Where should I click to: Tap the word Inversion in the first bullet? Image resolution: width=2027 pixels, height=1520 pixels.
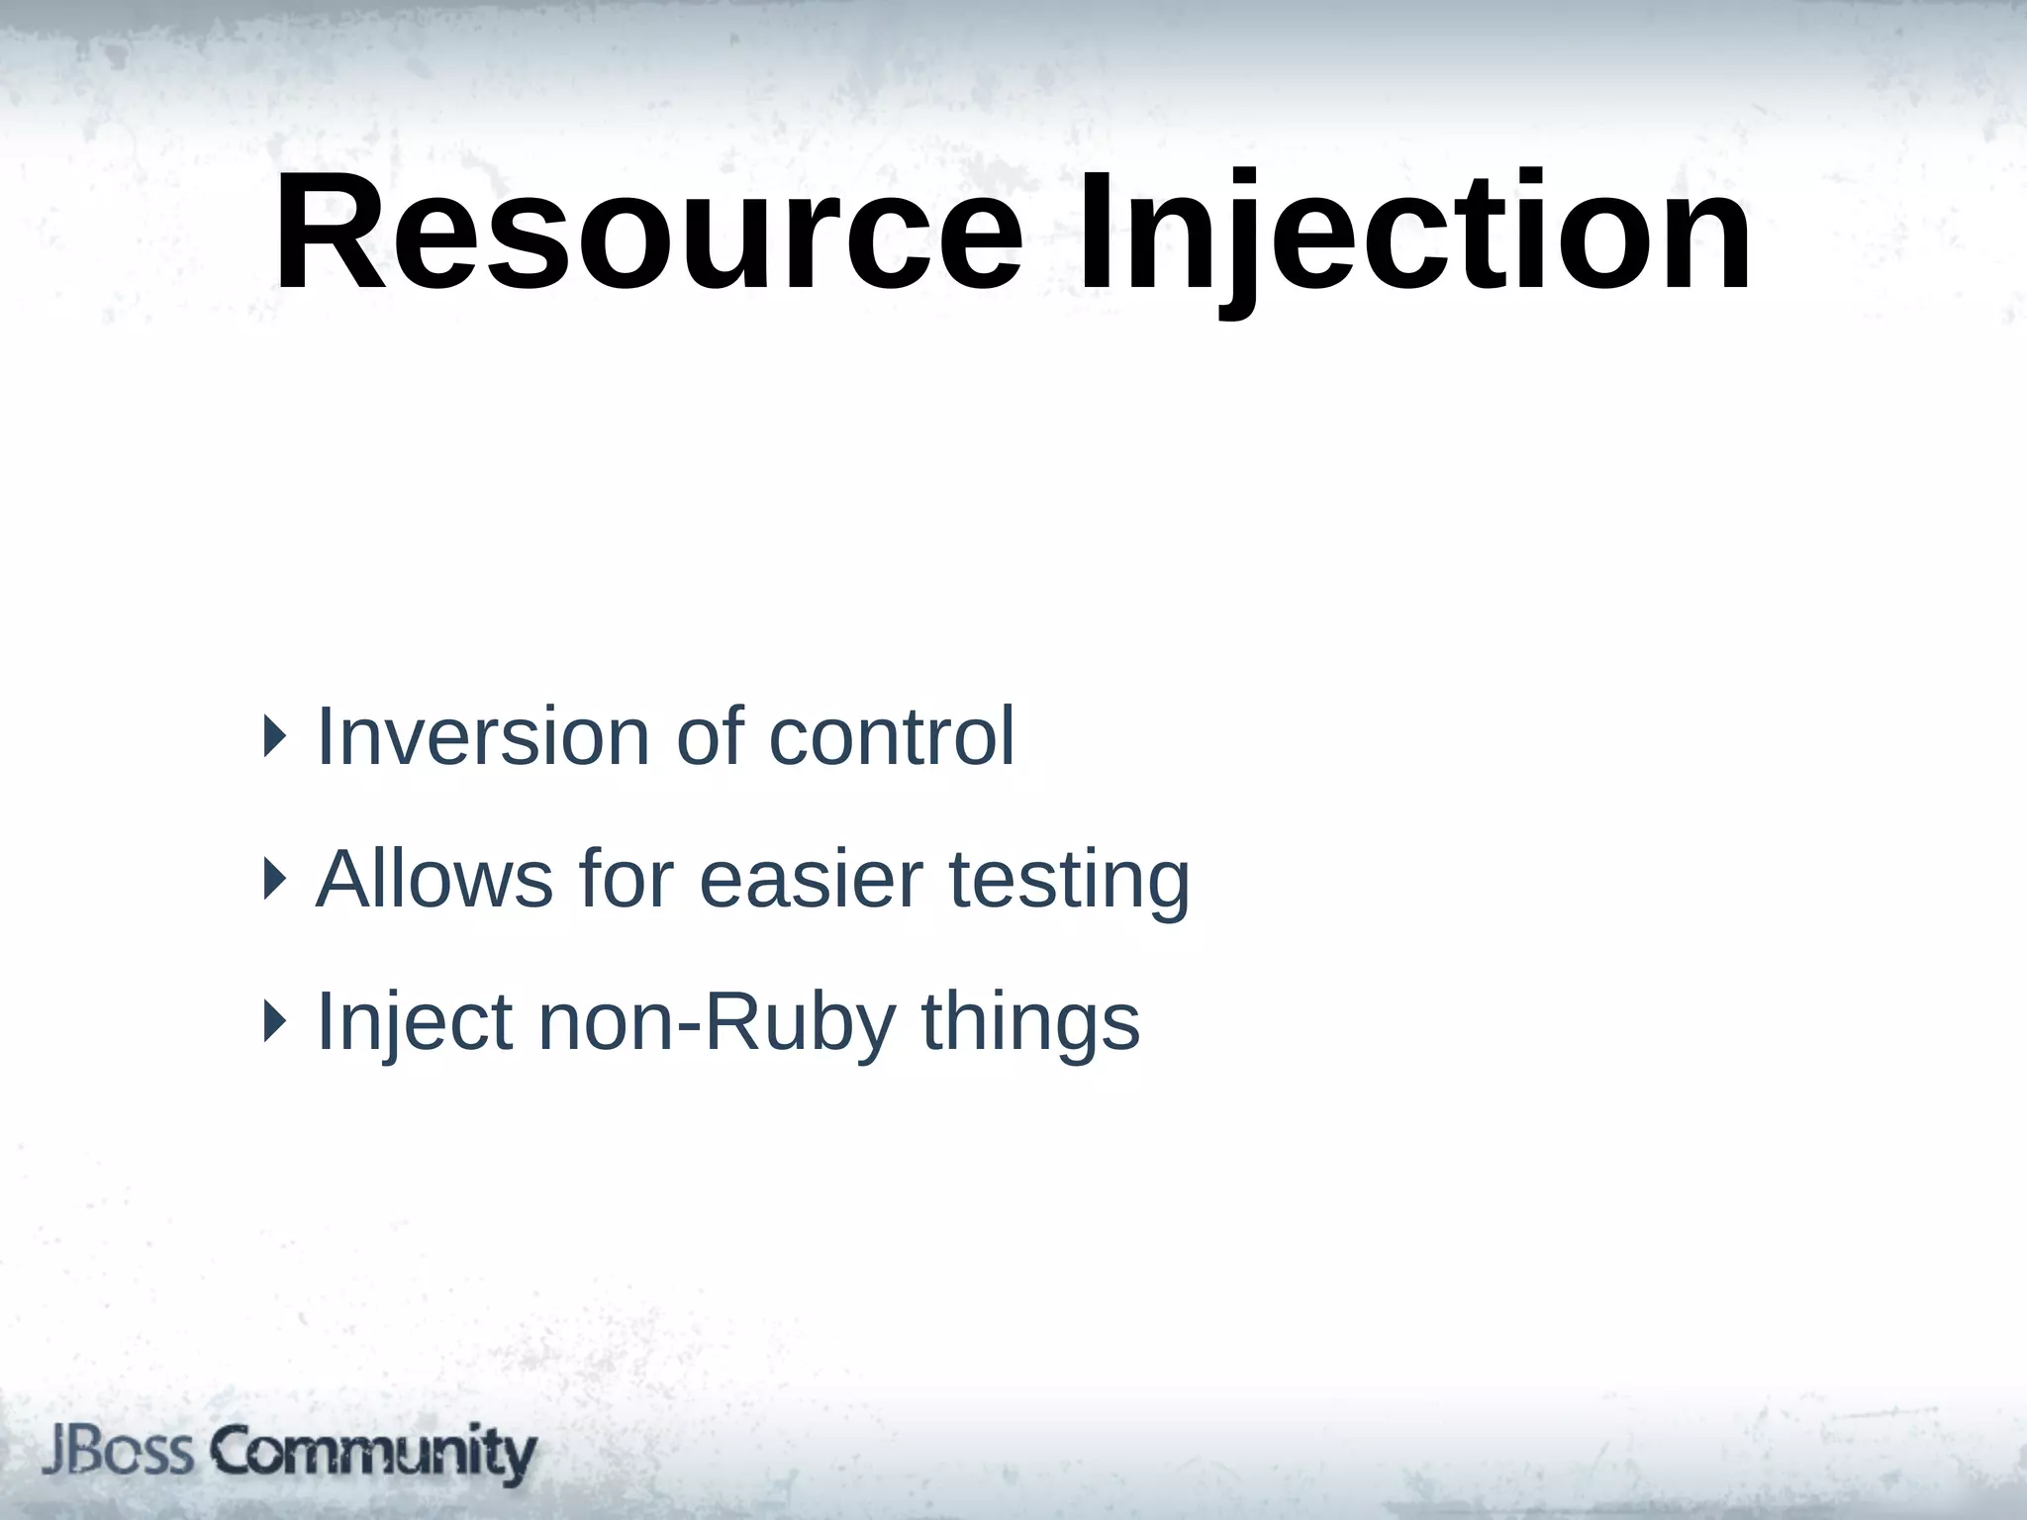[483, 736]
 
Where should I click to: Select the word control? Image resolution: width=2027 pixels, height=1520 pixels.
[891, 736]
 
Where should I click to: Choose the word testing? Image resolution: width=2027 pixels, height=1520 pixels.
[1069, 881]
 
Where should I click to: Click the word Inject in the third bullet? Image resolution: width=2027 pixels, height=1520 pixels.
[415, 1021]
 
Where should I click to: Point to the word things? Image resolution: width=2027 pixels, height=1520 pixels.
[1030, 1023]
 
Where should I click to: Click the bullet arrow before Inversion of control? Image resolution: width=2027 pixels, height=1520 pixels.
[274, 737]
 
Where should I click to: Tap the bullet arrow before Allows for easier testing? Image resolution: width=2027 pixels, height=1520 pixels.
[274, 879]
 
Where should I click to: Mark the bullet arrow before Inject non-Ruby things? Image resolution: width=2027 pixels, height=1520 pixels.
[274, 1021]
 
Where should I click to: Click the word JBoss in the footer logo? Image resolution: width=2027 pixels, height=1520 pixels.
[117, 1453]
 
